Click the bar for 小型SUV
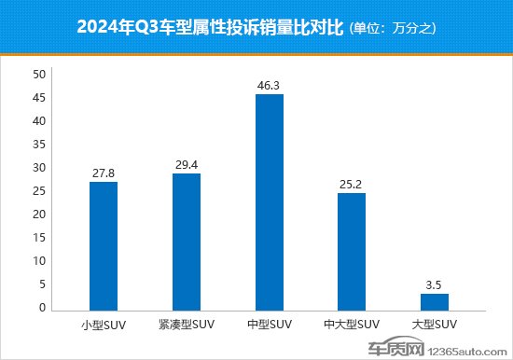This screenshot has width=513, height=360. [x=104, y=245]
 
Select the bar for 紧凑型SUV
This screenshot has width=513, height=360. [x=187, y=242]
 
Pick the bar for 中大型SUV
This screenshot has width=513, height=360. [x=352, y=251]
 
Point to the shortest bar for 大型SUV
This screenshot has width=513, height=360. [x=435, y=301]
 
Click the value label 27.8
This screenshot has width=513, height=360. [x=104, y=173]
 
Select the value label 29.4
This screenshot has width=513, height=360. [x=187, y=165]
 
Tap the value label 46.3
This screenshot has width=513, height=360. [x=270, y=86]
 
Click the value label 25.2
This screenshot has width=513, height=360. [x=352, y=185]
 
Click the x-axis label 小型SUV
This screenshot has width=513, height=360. [x=104, y=325]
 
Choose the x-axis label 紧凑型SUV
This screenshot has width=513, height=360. [x=187, y=325]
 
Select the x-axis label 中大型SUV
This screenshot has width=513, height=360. [x=352, y=325]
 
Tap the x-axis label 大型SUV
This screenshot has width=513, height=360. [x=435, y=325]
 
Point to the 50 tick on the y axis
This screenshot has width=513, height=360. [x=37, y=75]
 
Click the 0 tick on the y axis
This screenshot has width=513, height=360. [x=41, y=308]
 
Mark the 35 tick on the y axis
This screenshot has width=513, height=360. [x=37, y=145]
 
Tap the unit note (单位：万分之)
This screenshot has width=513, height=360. [x=393, y=30]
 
